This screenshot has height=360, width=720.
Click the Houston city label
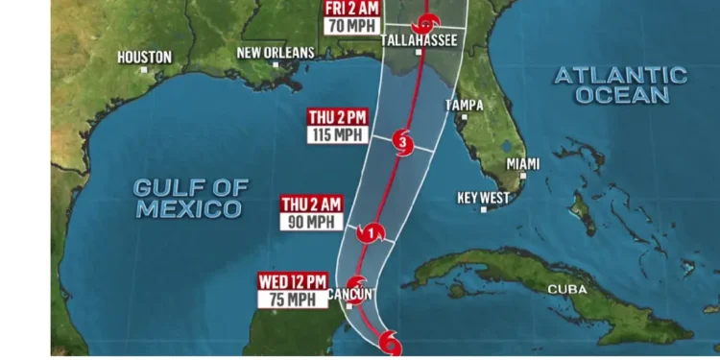tap(145, 57)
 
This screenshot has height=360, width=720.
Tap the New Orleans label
tap(276, 52)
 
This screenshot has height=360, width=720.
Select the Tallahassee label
tap(418, 39)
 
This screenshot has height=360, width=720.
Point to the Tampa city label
tap(464, 105)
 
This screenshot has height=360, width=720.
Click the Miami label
tap(523, 164)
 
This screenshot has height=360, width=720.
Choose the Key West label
tap(483, 198)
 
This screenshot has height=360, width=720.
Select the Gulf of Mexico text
tap(190, 198)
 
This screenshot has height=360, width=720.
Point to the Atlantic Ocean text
tap(620, 84)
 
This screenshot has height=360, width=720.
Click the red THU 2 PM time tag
tap(336, 118)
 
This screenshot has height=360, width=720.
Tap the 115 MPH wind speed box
tap(336, 134)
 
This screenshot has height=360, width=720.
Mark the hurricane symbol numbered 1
tap(371, 232)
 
